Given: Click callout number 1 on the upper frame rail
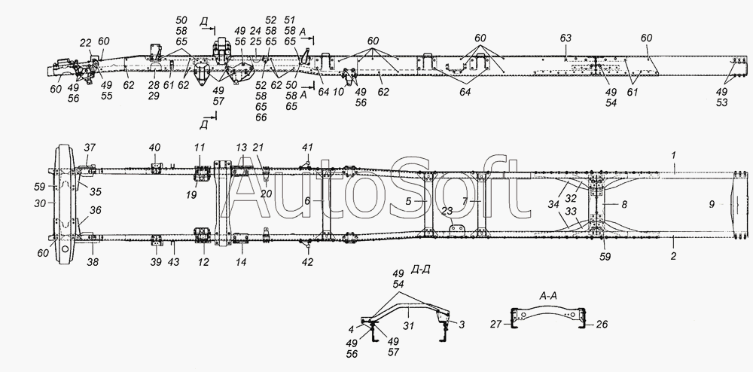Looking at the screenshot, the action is tap(674, 155).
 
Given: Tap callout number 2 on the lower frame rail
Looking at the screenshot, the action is tap(673, 256).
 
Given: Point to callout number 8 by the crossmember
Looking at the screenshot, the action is tap(623, 204).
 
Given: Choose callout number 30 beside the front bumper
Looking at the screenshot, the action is tap(41, 203).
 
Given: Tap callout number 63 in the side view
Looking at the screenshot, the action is tap(566, 38).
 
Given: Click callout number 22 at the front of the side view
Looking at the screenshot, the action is tap(85, 43).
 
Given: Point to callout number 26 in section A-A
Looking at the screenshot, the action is tap(602, 325).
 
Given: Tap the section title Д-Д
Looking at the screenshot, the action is tap(421, 271).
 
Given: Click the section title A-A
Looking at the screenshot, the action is tap(548, 297).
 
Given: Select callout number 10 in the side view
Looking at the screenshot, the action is tap(339, 91).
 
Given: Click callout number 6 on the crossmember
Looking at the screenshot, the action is tap(307, 202).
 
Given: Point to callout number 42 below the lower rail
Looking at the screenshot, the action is tap(307, 262).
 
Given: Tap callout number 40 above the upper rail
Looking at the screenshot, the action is tap(154, 148).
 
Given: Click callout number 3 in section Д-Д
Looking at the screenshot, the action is tap(462, 325).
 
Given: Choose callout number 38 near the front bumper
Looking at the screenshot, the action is tap(93, 263).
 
